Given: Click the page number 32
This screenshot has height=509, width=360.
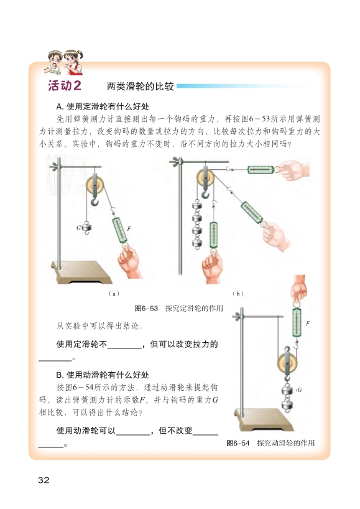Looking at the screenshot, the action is point(44,480).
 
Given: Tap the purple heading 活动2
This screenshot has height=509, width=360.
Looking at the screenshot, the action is point(65,86).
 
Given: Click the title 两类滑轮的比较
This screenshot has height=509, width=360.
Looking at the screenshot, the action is point(140,86).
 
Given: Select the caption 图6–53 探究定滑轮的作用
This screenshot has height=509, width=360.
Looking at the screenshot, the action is point(178,308).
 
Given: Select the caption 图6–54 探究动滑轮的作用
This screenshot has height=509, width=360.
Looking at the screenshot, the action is point(270,443).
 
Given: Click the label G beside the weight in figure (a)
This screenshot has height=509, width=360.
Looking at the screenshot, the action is point(78,228).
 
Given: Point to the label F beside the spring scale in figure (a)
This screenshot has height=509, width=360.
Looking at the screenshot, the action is point(129,228).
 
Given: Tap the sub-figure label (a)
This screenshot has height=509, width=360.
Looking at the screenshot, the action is point(114,294).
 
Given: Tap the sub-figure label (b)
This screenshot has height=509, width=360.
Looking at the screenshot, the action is point(238,294).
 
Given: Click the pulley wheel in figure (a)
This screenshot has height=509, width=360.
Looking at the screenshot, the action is point(95,185).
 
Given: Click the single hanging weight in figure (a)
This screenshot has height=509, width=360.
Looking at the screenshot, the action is point(86,227).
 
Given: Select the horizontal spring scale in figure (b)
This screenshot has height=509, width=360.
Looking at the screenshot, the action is point(261,169).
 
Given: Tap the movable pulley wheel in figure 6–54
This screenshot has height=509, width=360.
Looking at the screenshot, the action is point(287,364).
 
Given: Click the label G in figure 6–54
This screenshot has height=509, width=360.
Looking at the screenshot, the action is point(300,390).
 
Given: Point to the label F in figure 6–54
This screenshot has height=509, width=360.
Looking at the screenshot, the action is point(308,324).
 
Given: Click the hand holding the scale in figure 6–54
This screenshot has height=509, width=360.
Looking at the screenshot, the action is point(298,289).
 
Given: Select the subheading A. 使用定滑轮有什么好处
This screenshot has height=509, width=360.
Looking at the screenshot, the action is point(103,106).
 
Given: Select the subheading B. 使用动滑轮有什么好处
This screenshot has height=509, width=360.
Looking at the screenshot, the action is point(103,375).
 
